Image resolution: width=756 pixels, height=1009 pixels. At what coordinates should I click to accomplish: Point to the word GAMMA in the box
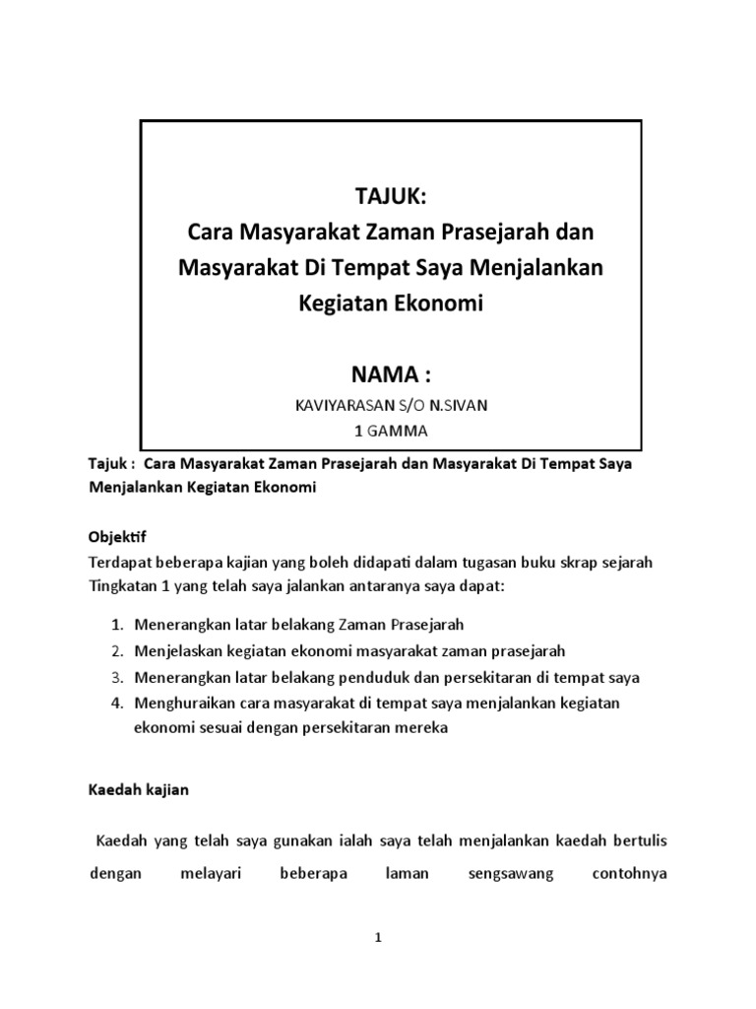pos(400,431)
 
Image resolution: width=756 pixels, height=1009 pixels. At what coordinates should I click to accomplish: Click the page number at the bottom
pos(378,939)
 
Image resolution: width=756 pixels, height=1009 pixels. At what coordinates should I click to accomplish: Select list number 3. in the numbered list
pos(116,677)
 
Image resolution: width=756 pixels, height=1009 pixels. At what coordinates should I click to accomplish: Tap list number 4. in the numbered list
pos(116,703)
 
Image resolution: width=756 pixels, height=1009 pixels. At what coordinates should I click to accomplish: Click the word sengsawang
pos(512,873)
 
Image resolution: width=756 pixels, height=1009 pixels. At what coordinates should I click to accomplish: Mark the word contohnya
pos(631,873)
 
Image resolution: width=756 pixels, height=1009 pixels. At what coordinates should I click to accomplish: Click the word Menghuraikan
pos(183,703)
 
